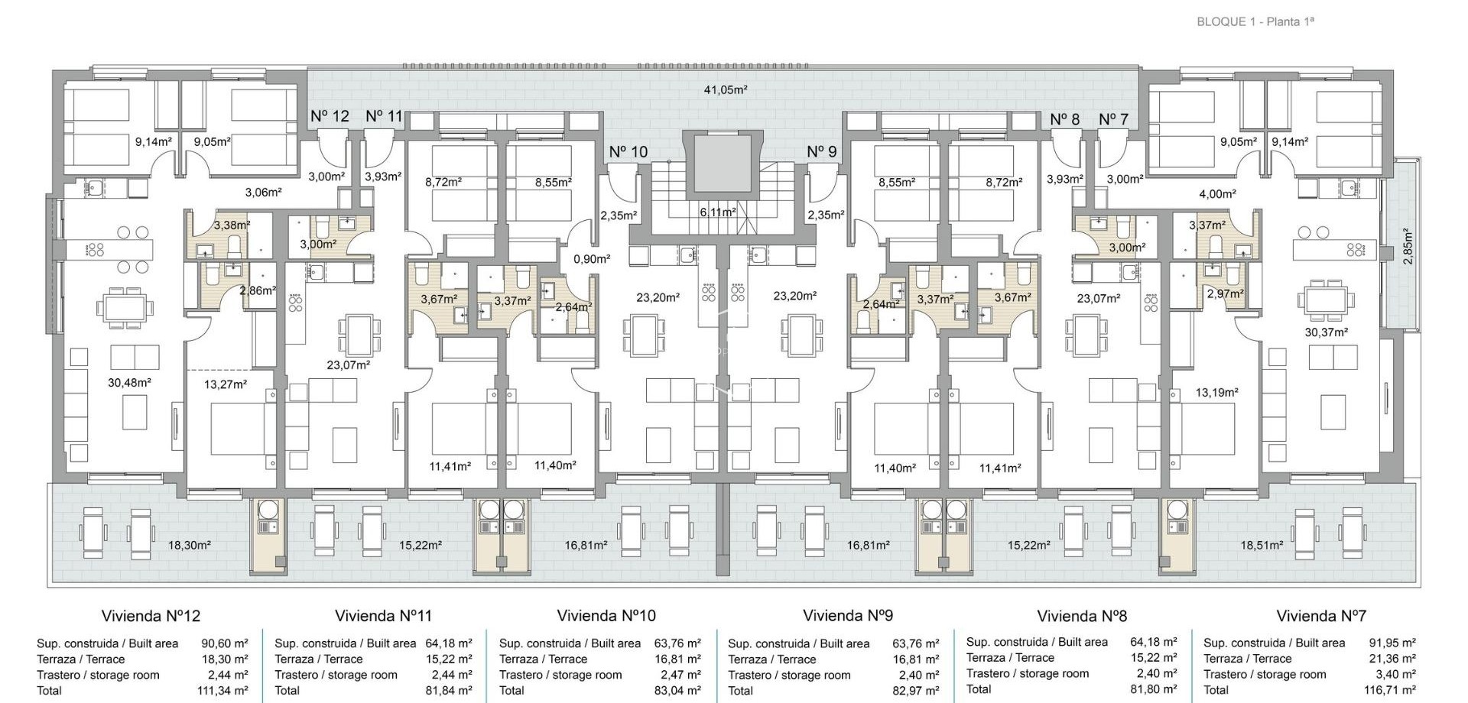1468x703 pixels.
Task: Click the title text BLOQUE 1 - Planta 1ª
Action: pos(1255,21)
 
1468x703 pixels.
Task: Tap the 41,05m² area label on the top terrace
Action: pos(725,89)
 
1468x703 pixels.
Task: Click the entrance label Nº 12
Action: pos(330,116)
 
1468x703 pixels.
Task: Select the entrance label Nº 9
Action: pos(822,151)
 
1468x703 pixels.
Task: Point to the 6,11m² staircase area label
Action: pos(718,212)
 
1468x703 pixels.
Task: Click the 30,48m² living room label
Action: pos(128,382)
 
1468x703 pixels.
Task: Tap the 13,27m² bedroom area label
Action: pos(226,384)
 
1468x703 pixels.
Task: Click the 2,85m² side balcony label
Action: pos(1408,247)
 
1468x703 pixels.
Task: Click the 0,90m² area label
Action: pos(592,258)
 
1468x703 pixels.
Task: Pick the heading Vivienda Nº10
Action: pos(606,615)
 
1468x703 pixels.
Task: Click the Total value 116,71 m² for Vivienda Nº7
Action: pos(1392,690)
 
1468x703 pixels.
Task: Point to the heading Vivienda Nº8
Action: pos(1082,615)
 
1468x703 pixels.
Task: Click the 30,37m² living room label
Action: pos(1326,332)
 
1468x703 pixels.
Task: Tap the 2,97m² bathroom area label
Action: pos(1225,293)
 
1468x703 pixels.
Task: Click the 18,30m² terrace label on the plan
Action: pos(189,545)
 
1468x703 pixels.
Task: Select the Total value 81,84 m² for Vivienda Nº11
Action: pos(449,690)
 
